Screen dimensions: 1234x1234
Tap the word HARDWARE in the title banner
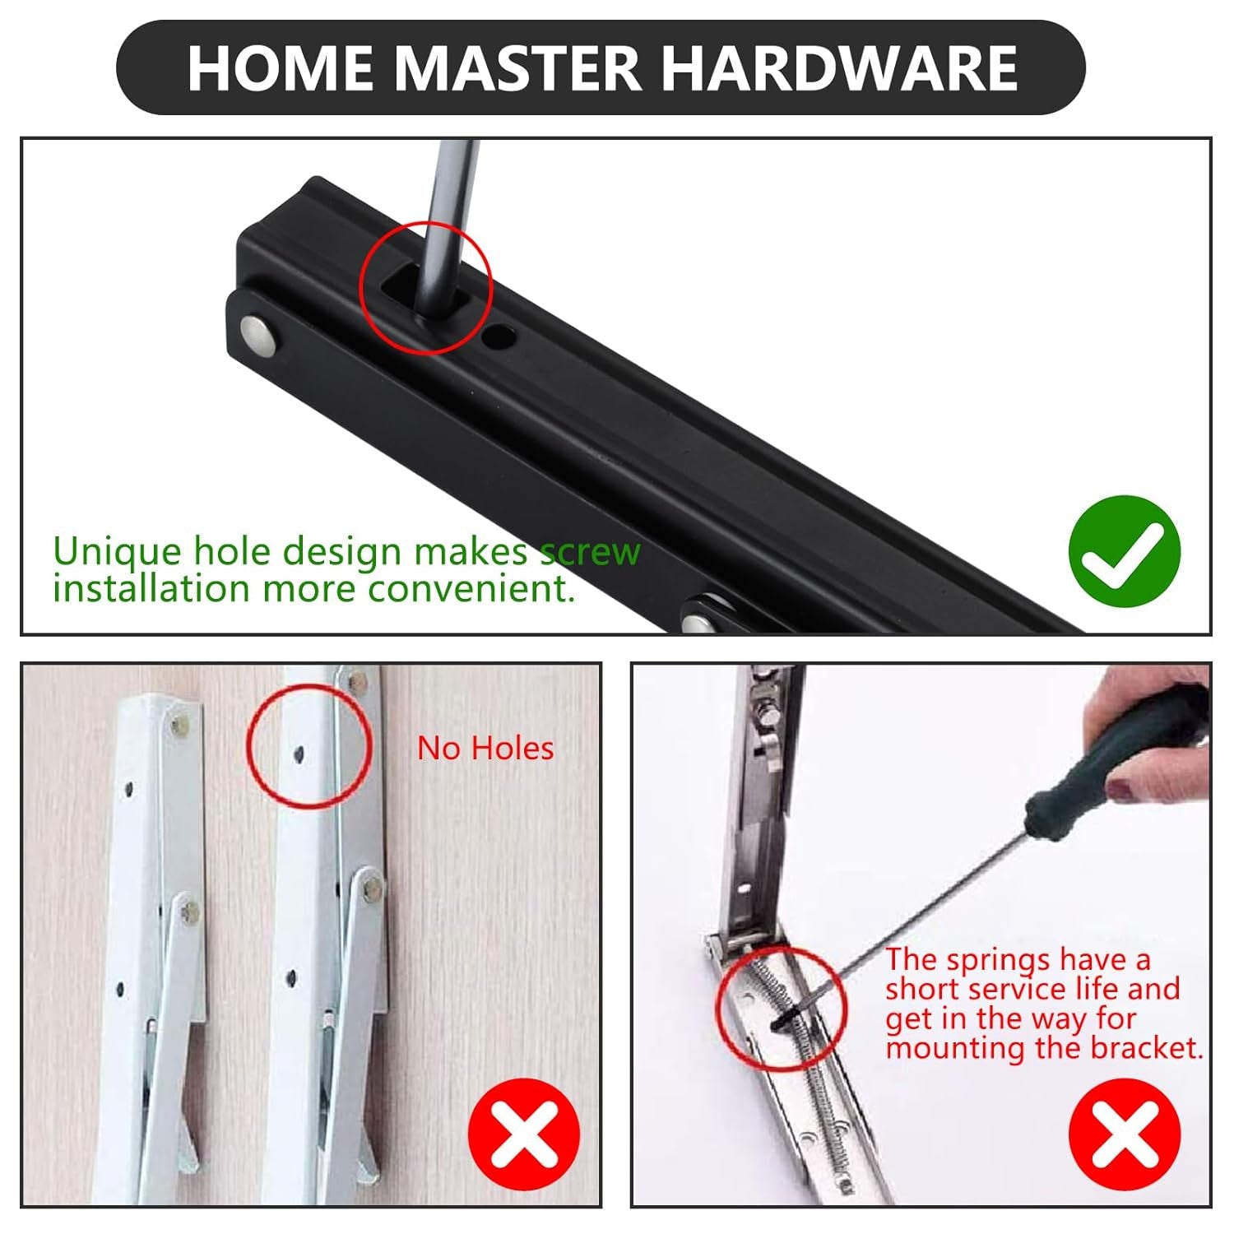(x=840, y=67)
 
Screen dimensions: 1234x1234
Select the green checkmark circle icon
(x=1125, y=551)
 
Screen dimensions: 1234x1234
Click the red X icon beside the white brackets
(x=524, y=1134)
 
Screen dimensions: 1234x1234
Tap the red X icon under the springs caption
(x=1125, y=1134)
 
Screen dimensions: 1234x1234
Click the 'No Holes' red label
(x=485, y=748)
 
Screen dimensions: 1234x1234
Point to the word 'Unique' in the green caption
(x=116, y=551)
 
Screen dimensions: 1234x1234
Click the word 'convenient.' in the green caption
(x=471, y=589)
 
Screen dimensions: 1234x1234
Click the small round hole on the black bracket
(x=499, y=336)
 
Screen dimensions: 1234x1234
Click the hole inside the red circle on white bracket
(x=299, y=751)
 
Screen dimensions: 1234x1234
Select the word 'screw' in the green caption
(x=589, y=551)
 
